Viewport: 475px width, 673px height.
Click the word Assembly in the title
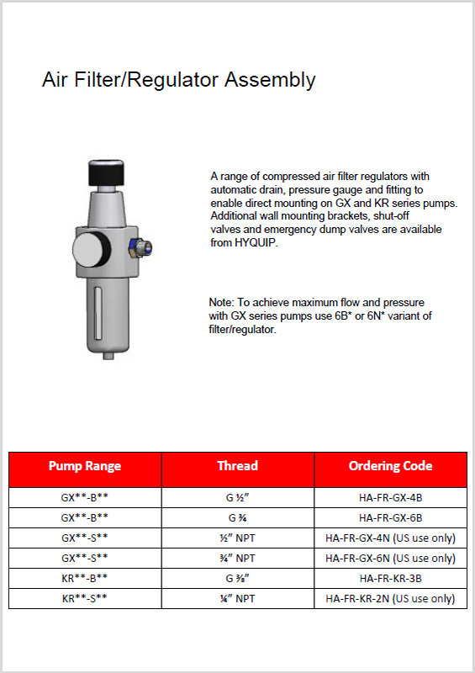(270, 80)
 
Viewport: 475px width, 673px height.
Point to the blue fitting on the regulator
(141, 247)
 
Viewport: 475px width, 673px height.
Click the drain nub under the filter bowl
(109, 355)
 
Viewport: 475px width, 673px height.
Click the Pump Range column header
(85, 466)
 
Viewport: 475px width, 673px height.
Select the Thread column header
(237, 466)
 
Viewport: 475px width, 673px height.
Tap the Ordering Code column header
(390, 466)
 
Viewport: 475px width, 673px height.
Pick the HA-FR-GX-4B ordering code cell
(390, 498)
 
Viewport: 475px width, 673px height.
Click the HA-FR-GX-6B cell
(390, 518)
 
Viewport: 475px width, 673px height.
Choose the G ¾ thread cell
(237, 518)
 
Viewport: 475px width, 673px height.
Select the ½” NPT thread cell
(237, 538)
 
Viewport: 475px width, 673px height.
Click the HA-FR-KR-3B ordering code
(390, 579)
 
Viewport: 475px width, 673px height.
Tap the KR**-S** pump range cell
(85, 599)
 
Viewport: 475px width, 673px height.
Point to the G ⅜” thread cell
(237, 579)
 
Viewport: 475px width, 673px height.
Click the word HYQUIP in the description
(255, 243)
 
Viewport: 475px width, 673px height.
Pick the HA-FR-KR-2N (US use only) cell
(390, 599)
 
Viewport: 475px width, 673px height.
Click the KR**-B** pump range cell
(85, 579)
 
